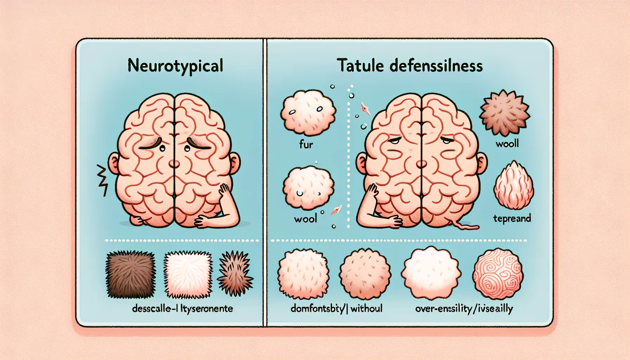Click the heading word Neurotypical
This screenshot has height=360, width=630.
point(175,66)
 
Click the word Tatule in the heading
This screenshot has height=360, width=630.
point(360,66)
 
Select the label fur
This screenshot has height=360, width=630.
point(306,144)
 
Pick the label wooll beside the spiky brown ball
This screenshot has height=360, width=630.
point(507,143)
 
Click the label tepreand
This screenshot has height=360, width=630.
point(512,218)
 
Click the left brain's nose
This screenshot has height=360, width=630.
point(174,164)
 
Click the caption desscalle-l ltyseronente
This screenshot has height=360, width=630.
point(182,309)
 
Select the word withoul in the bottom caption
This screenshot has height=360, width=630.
point(366,309)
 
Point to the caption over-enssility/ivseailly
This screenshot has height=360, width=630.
point(464,309)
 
